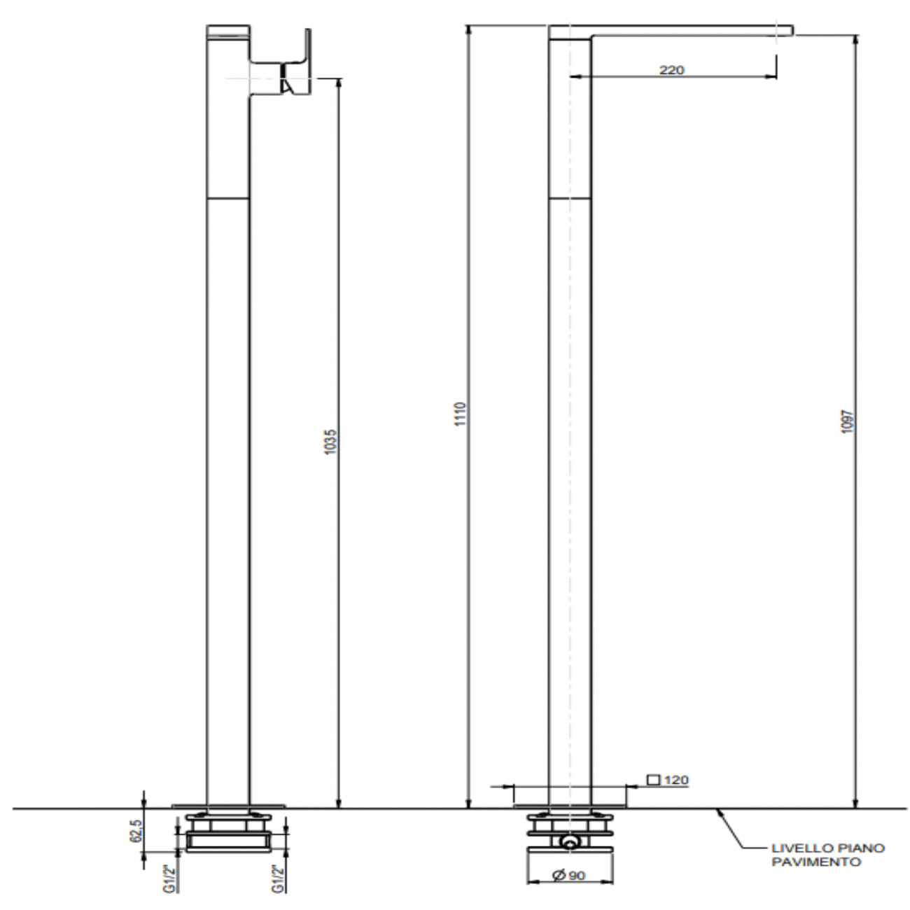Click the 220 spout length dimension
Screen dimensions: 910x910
(x=671, y=70)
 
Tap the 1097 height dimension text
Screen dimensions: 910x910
(x=848, y=421)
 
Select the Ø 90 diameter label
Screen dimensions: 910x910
(x=569, y=875)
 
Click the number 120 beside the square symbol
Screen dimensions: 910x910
(x=676, y=780)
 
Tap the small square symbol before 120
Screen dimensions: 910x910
(x=653, y=780)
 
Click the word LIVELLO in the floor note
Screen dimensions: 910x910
(x=793, y=848)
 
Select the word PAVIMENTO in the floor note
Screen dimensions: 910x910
(x=816, y=862)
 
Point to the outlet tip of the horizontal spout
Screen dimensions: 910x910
(x=790, y=29)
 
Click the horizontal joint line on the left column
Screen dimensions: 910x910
(x=228, y=198)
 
